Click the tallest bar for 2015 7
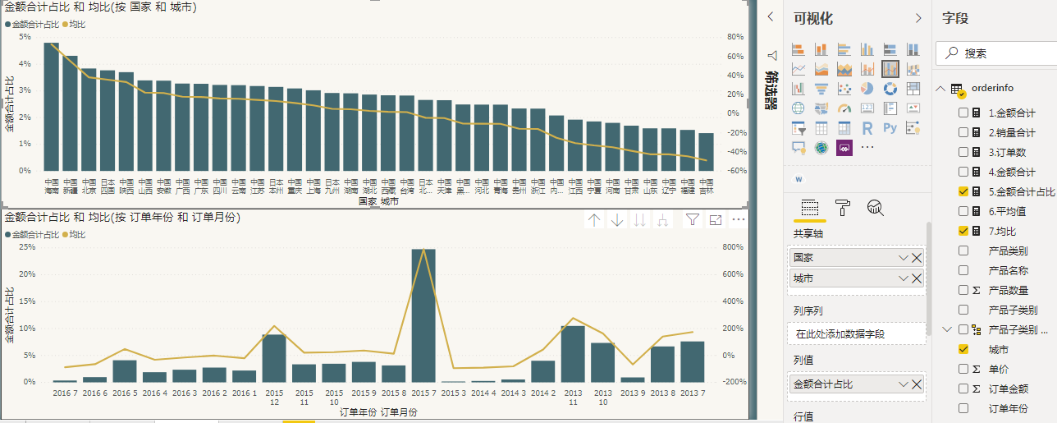(x=423, y=316)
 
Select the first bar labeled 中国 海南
(x=51, y=107)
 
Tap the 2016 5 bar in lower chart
(x=125, y=371)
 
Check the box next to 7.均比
(x=963, y=231)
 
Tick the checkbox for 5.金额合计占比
(x=963, y=191)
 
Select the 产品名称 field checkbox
(x=963, y=270)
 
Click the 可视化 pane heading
(x=813, y=18)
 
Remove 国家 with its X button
(x=917, y=258)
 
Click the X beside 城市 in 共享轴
(x=917, y=278)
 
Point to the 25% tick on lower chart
(x=26, y=246)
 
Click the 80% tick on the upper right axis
(x=734, y=37)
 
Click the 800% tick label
(x=733, y=246)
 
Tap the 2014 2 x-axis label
(x=542, y=393)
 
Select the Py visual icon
(x=890, y=128)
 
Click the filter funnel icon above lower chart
(x=693, y=220)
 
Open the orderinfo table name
(x=992, y=88)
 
